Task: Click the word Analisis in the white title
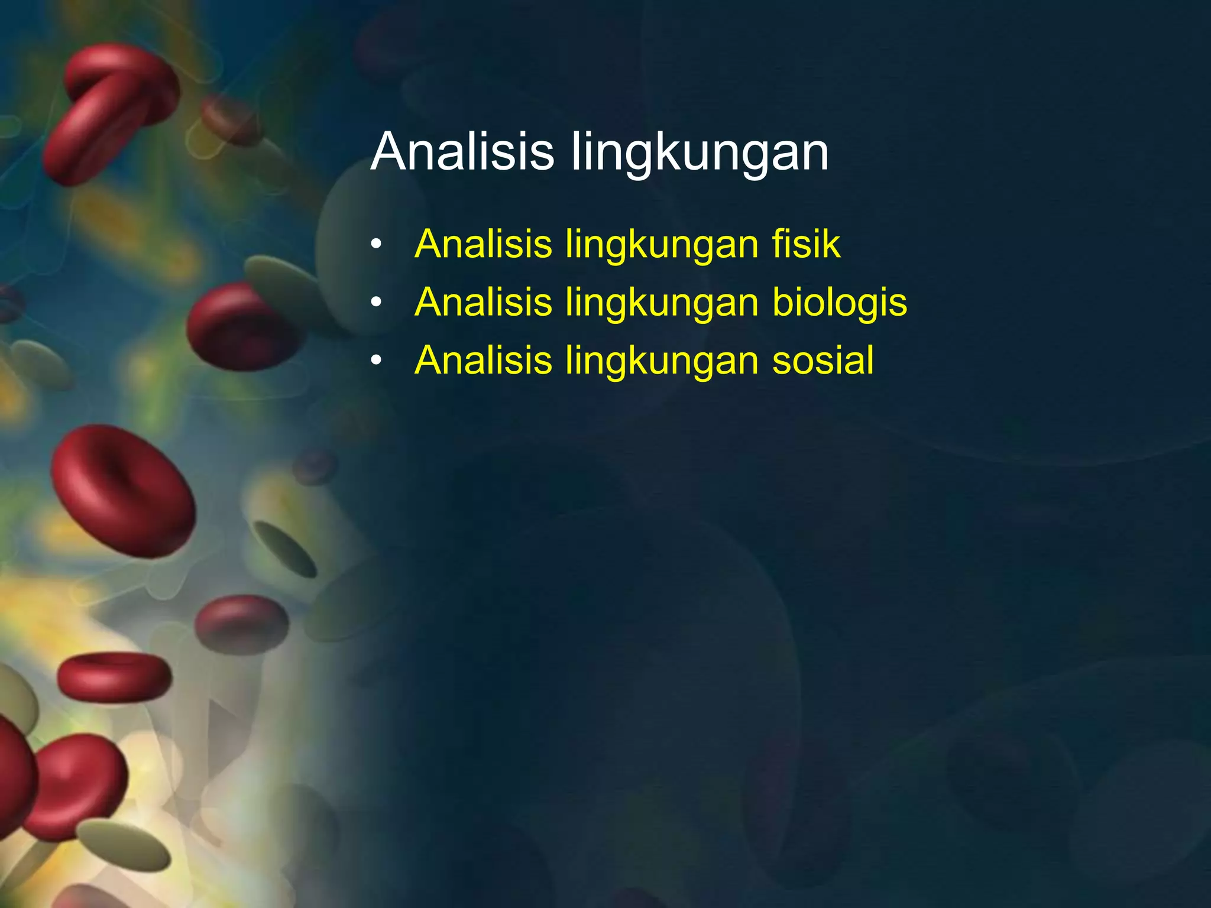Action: pos(462,152)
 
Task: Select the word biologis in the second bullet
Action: pos(840,303)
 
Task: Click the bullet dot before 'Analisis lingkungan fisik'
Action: pos(377,245)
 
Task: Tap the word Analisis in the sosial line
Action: pos(483,360)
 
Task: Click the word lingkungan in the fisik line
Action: pos(662,245)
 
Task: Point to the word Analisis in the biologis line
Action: pos(483,303)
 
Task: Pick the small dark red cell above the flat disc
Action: pos(242,624)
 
